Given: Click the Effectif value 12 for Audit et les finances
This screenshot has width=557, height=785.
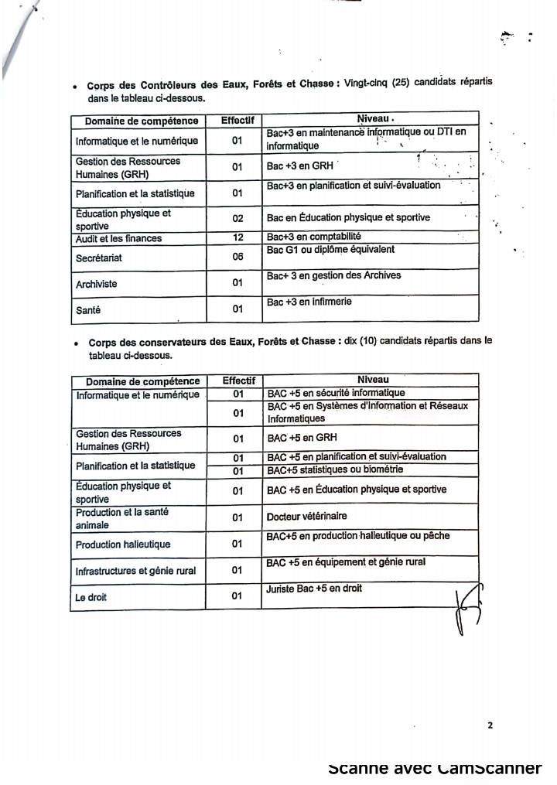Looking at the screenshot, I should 237,237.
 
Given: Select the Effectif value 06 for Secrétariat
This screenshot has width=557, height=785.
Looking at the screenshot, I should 237,257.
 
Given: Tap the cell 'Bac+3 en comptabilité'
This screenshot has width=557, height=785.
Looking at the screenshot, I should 313,237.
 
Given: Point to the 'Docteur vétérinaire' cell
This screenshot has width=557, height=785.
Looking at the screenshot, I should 306,517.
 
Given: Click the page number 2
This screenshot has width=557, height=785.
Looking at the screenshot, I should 490,725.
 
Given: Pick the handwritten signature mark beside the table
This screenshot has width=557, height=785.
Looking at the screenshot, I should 467,607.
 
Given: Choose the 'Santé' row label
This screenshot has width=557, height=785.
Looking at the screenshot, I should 87,310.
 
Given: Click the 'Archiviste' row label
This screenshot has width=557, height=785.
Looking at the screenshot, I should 96,284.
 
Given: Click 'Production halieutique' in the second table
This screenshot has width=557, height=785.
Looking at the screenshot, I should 123,544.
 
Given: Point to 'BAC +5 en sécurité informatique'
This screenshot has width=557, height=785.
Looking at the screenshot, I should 336,393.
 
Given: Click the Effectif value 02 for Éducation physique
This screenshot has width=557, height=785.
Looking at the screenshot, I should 237,219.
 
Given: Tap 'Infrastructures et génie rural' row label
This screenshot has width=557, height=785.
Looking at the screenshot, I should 135,572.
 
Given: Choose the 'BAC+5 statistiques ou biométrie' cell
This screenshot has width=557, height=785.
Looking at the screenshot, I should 335,469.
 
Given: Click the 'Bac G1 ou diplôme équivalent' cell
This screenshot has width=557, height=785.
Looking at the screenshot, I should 330,250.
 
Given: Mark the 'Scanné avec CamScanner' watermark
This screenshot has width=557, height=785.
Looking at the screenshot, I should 435,768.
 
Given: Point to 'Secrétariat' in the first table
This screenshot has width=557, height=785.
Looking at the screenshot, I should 100,257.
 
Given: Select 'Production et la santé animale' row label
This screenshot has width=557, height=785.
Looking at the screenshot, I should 122,518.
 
